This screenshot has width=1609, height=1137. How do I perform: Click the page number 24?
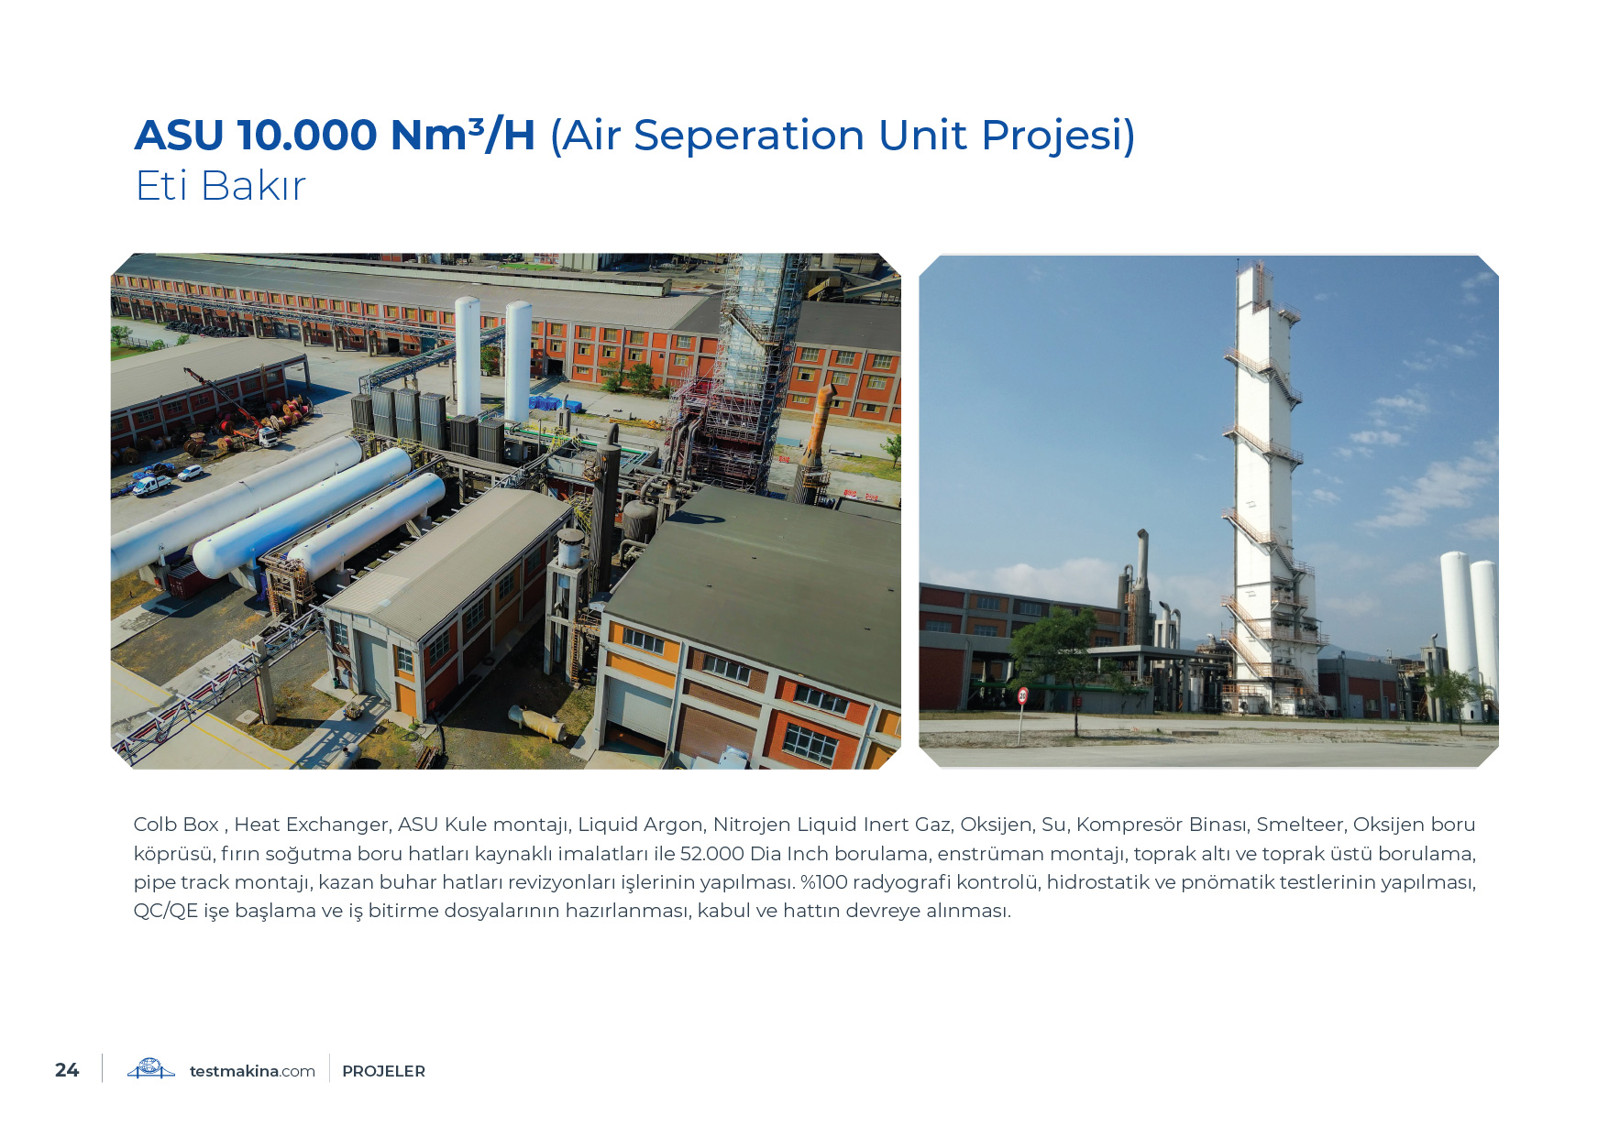67,1070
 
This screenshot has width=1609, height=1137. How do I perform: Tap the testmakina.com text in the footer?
252,1071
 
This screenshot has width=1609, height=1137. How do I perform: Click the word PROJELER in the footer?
383,1071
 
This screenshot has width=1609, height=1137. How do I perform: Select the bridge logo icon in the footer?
151,1069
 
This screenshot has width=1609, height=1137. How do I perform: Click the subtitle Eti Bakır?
220,185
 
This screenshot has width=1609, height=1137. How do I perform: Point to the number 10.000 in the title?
307,136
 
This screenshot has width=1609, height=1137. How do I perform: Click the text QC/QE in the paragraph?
166,911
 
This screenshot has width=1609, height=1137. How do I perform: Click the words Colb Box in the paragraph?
176,825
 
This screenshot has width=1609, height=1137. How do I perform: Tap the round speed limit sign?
1022,695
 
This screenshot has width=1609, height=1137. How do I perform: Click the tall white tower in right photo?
1263,486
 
